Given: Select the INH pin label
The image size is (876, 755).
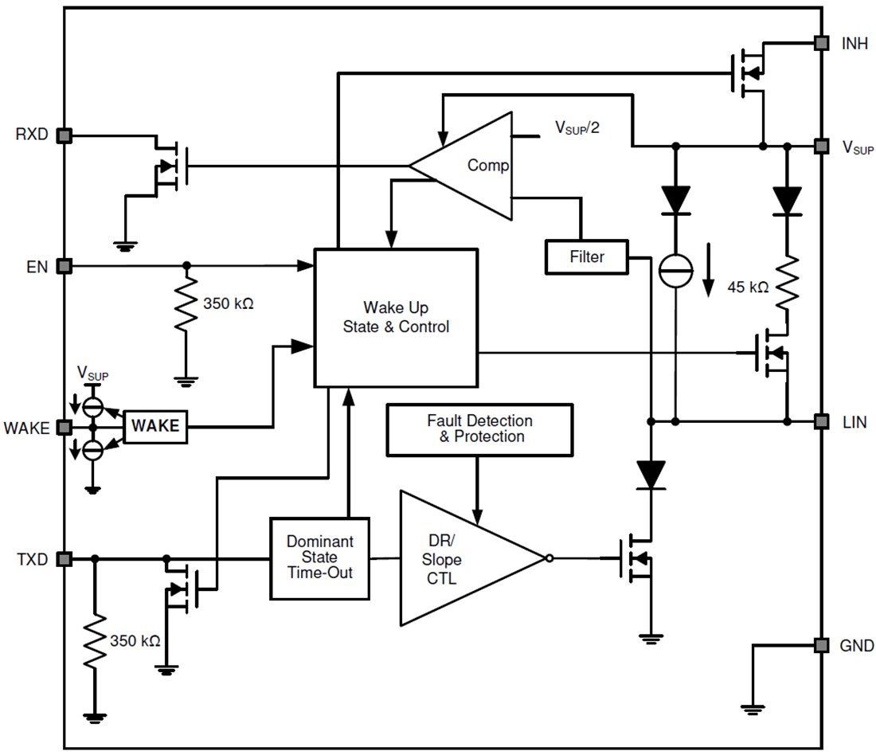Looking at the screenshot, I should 854,43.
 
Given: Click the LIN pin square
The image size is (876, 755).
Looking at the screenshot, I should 819,421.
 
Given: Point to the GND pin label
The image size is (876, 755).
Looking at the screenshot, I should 856,645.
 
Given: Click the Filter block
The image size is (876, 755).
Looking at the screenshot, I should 586,257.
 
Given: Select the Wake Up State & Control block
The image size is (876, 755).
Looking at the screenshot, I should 396,316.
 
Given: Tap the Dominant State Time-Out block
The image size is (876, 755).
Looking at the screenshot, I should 320,558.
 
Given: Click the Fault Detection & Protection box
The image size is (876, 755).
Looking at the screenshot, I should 479,429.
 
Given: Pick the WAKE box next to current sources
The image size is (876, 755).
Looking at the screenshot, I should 155,427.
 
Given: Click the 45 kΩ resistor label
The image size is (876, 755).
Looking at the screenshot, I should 748,288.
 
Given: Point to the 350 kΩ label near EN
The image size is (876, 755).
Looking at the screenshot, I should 228,303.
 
